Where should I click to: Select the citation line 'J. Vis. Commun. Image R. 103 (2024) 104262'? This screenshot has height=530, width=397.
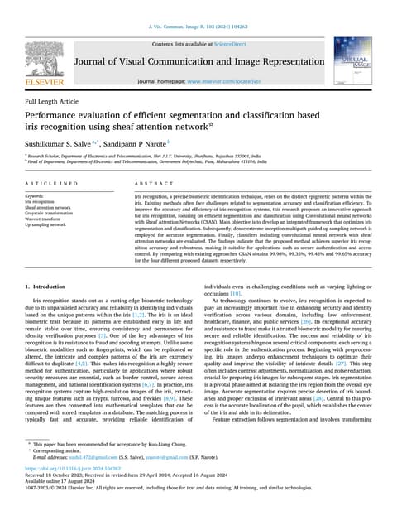[198, 26]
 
